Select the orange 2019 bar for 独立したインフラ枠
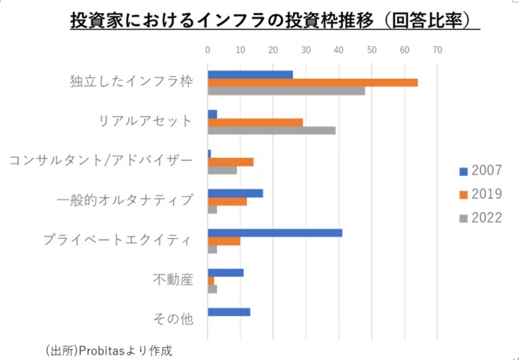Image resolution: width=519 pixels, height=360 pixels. [312, 83]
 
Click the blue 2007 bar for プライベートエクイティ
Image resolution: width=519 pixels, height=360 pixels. [274, 232]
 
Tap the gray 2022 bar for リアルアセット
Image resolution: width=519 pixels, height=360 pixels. [271, 130]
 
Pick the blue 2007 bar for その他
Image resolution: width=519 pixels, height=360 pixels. [229, 312]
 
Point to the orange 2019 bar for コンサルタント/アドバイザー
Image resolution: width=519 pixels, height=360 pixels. [230, 161]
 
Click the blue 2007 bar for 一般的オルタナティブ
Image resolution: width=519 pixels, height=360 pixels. [235, 193]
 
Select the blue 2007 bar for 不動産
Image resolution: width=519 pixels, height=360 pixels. [226, 273]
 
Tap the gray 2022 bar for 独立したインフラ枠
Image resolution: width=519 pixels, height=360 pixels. [286, 90]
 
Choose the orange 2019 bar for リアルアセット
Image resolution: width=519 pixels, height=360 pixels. [255, 122]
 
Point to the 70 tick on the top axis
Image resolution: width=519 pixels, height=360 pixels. [437, 50]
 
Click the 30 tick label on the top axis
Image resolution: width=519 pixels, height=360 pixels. [306, 50]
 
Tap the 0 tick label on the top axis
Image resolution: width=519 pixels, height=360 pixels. [208, 50]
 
